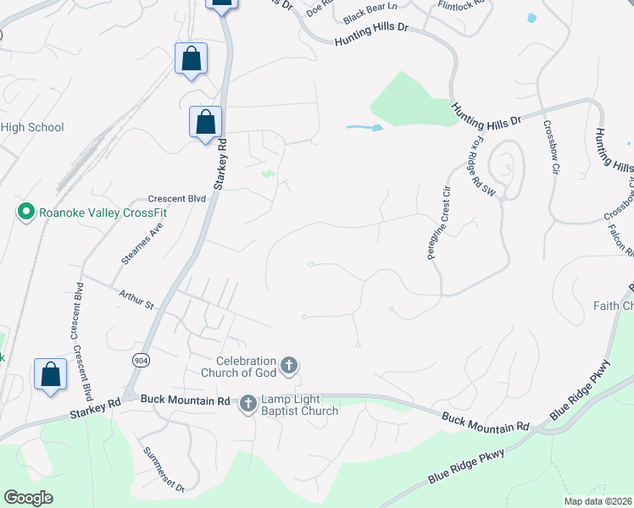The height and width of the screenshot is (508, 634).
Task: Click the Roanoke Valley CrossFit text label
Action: [x=103, y=212]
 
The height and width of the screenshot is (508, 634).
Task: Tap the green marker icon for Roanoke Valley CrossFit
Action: [x=25, y=212]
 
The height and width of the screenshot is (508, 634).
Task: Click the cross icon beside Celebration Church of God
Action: [x=289, y=366]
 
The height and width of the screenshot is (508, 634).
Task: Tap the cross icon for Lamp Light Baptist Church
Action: [x=248, y=404]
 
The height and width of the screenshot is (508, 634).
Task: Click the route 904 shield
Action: [x=141, y=359]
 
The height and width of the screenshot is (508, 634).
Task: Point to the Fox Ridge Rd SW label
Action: [x=480, y=166]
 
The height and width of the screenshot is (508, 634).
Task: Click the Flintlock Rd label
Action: [x=461, y=4]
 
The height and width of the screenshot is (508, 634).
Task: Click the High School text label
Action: [x=32, y=128]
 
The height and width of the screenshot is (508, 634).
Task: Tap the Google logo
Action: [x=28, y=498]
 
